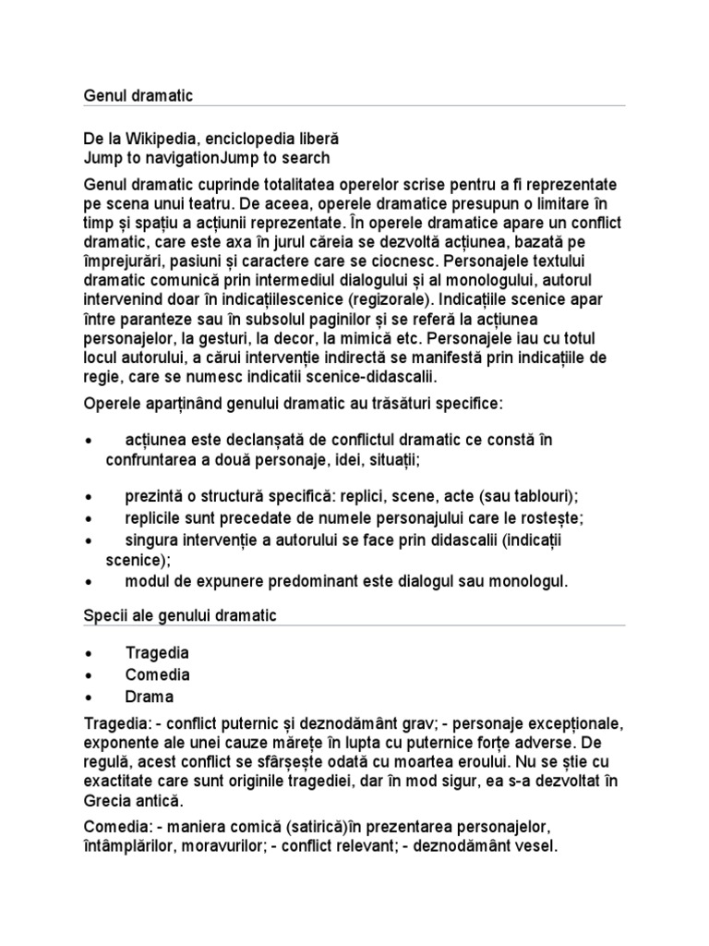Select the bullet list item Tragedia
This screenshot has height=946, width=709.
[157, 652]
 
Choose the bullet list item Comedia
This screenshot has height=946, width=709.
[157, 674]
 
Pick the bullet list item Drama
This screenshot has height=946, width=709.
[149, 697]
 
